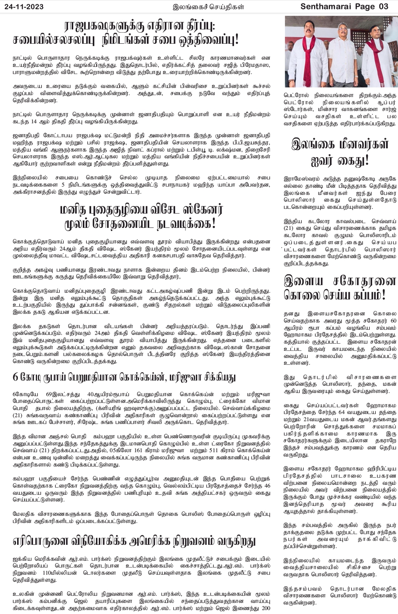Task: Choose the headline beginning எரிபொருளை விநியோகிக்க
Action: pos(134,541)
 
